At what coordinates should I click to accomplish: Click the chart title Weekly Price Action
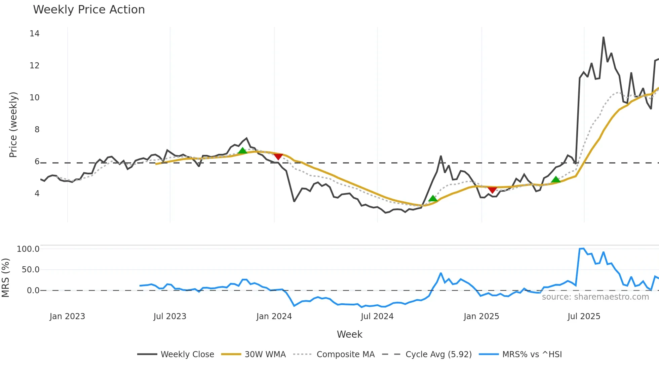tap(89, 10)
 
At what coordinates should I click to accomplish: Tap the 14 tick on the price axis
tap(34, 34)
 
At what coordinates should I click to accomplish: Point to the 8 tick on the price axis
tap(37, 130)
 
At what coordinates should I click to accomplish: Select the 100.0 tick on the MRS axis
tap(28, 249)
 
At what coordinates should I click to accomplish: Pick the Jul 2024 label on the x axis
tap(377, 316)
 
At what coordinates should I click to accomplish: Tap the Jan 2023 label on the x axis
tap(67, 316)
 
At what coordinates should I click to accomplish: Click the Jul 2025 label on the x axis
tap(584, 316)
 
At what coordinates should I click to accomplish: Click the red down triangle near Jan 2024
tap(278, 157)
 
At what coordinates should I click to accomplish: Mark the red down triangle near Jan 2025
tap(492, 190)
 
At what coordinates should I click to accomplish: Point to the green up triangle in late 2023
tap(242, 150)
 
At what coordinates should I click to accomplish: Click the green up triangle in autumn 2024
tap(433, 198)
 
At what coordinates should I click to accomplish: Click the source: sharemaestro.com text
tap(595, 297)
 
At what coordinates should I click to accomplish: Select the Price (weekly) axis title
tap(13, 125)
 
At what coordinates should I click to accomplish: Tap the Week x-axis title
tap(349, 334)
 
